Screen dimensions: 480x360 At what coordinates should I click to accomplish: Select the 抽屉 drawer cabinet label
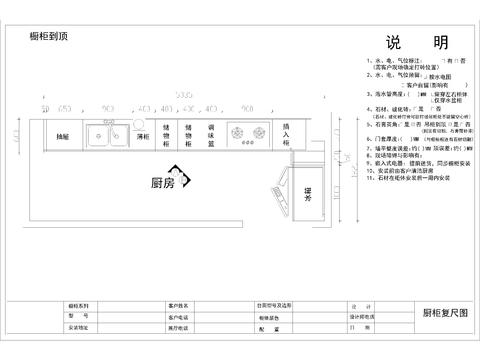(x=63, y=136)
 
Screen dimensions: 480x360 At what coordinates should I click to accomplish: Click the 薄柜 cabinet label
(x=143, y=136)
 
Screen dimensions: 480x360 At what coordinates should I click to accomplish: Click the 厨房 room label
(x=162, y=183)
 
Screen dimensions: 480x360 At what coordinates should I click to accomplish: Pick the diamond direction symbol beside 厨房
(x=179, y=173)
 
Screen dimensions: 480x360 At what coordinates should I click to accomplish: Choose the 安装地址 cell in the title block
(x=79, y=327)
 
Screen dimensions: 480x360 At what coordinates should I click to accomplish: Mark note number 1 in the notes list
(x=368, y=62)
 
